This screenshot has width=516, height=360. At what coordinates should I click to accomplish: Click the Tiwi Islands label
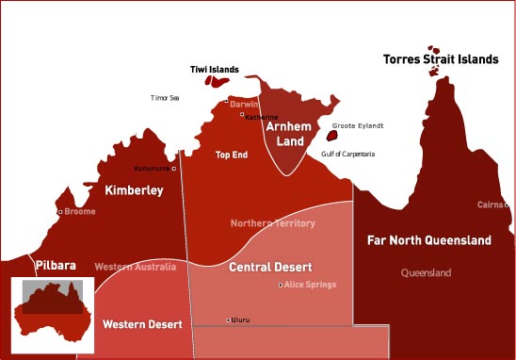click(x=210, y=70)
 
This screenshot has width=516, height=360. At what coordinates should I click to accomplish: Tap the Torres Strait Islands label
click(x=441, y=59)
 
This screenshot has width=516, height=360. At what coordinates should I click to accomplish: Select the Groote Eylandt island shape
click(x=331, y=136)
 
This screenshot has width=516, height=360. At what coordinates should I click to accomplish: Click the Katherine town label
click(x=263, y=118)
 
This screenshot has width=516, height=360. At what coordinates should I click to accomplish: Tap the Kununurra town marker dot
click(x=174, y=169)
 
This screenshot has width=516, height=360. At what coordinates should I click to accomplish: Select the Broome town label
click(x=80, y=212)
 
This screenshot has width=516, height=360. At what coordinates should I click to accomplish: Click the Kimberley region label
click(x=134, y=190)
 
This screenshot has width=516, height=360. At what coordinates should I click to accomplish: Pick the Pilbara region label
click(x=56, y=266)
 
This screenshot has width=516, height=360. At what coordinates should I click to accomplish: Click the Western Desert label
click(x=137, y=325)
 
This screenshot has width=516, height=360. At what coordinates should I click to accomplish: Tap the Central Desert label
click(x=270, y=268)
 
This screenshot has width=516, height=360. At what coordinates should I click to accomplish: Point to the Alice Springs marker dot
click(x=281, y=285)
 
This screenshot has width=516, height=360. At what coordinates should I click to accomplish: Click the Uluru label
click(x=240, y=320)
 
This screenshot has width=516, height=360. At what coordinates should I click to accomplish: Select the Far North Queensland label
click(x=428, y=240)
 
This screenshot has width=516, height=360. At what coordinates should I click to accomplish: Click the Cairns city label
click(x=489, y=205)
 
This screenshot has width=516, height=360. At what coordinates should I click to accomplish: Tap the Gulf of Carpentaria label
click(x=348, y=153)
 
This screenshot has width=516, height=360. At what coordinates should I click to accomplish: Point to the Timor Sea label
click(x=165, y=97)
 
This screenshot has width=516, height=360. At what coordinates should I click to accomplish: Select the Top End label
click(x=232, y=155)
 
